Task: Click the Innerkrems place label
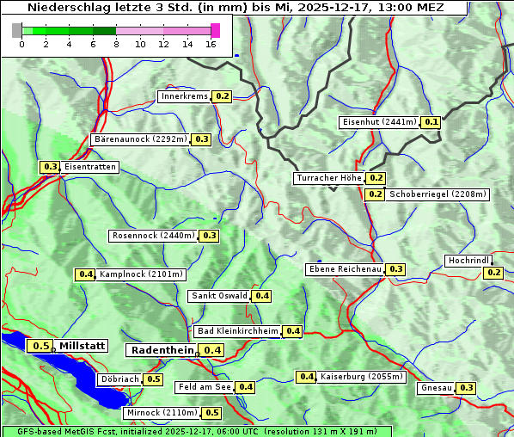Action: click(x=184, y=96)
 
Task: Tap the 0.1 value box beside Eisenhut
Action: click(x=431, y=122)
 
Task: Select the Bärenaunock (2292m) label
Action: click(x=139, y=138)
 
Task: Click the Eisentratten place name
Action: click(x=89, y=167)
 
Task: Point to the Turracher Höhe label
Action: click(x=328, y=178)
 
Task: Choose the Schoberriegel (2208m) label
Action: click(x=438, y=194)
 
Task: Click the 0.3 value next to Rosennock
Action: click(x=209, y=236)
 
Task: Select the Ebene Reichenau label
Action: click(x=345, y=269)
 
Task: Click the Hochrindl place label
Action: click(x=469, y=260)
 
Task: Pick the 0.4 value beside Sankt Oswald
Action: click(x=262, y=296)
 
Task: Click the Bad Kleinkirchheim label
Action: click(x=238, y=331)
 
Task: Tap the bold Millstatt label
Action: click(x=82, y=346)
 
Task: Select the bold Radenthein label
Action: click(x=162, y=350)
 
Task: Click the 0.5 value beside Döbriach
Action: click(x=153, y=379)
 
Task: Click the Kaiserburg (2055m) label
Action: click(x=361, y=377)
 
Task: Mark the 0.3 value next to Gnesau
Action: click(x=466, y=388)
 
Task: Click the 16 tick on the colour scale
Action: click(x=211, y=45)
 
